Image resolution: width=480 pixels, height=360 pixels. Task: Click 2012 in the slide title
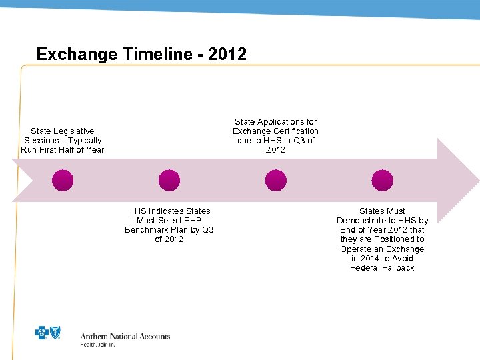227,54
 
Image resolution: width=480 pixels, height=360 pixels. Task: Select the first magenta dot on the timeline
63,181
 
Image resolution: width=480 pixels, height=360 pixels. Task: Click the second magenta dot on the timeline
169,181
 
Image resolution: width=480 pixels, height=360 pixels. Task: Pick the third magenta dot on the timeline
275,181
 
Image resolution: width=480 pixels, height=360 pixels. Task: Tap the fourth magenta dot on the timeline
382,181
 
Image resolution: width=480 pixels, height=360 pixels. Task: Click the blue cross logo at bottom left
41,333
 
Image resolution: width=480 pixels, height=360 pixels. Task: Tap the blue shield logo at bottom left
55,333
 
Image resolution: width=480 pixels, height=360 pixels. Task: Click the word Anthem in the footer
95,337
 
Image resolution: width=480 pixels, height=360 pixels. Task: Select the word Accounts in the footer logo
154,337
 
